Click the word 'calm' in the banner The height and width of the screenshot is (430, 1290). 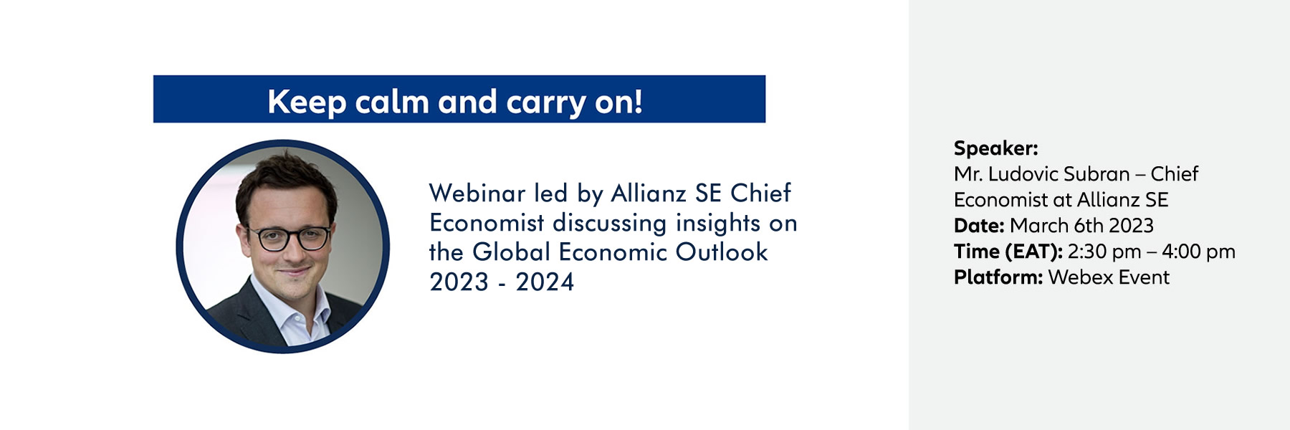[x=393, y=102]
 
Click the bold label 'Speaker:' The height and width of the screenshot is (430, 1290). [x=995, y=149]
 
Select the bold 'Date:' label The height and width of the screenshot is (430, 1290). [x=979, y=226]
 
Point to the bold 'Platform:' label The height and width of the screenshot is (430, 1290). [x=998, y=277]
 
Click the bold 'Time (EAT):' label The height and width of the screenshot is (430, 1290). [x=1008, y=252]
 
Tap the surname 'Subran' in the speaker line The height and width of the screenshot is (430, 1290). [x=1096, y=174]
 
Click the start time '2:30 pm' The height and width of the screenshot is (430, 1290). [x=1104, y=252]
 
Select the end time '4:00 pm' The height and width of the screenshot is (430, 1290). [x=1198, y=252]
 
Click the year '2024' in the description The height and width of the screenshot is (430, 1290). [x=545, y=282]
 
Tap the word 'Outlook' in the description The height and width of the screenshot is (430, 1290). [x=722, y=252]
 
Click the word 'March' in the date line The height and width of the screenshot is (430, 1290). [x=1039, y=226]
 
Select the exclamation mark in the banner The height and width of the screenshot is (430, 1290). [x=637, y=102]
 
